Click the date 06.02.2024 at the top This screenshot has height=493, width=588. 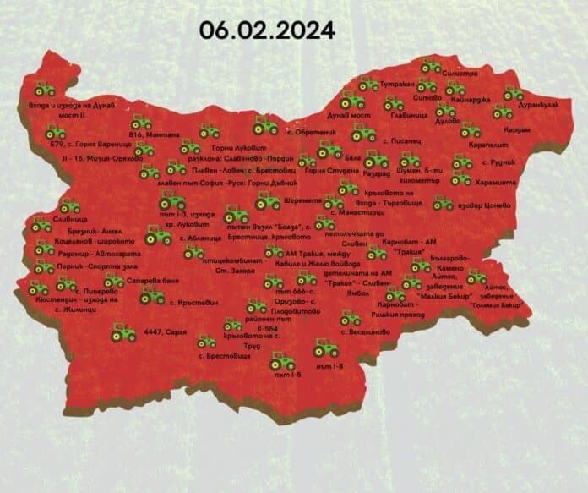click(x=268, y=29)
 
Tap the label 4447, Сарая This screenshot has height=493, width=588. click(x=166, y=333)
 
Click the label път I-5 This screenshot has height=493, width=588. click(x=280, y=373)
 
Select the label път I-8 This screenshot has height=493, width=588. click(x=327, y=366)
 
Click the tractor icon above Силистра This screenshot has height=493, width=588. click(x=432, y=64)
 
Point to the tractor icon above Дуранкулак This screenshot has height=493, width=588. click(x=513, y=94)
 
